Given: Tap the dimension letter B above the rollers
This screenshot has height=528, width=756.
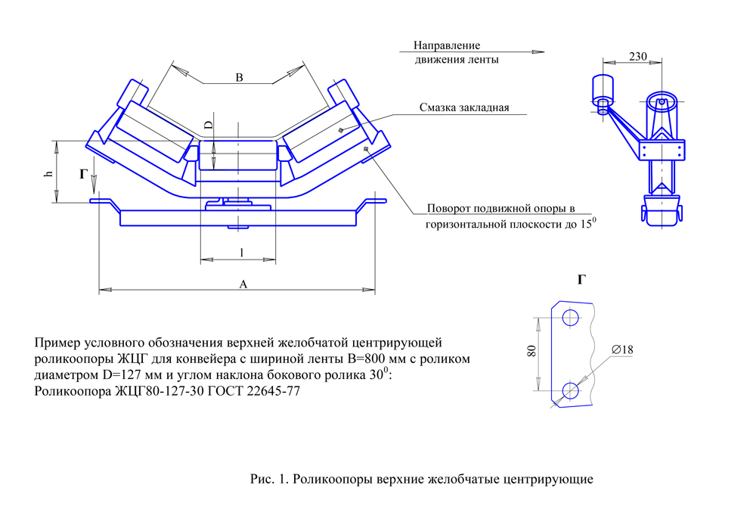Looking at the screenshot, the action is point(239,77).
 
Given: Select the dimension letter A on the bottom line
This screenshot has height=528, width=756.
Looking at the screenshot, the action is point(243,284).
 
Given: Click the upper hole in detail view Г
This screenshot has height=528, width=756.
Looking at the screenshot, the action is point(571,317).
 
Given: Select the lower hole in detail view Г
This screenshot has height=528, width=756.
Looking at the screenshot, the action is point(571,390).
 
